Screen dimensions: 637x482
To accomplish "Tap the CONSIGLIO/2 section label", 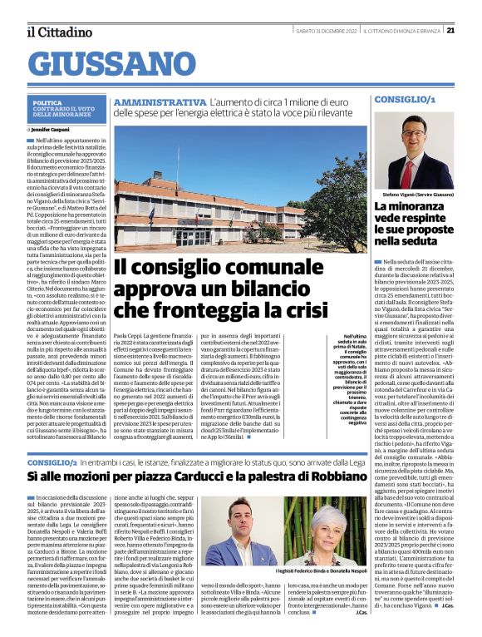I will click(x=52, y=460).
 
